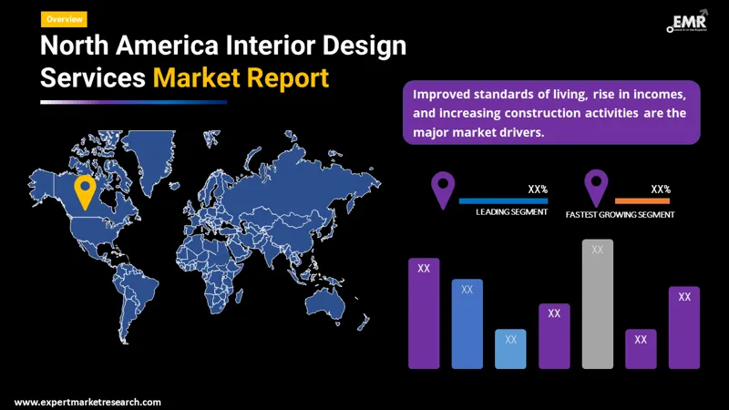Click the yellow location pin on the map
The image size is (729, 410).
coord(85,191)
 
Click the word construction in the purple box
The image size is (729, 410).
coord(570,113)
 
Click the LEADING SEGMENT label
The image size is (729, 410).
coord(511,213)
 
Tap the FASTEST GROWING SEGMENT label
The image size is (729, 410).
coord(620,215)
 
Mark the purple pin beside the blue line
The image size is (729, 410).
coord(443,189)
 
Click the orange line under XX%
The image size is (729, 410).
coord(642,200)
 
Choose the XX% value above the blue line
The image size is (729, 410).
coord(538,190)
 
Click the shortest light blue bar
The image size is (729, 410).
coord(510,348)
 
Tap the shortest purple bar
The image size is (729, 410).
coord(641,348)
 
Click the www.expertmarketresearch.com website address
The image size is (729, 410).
coord(87,402)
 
